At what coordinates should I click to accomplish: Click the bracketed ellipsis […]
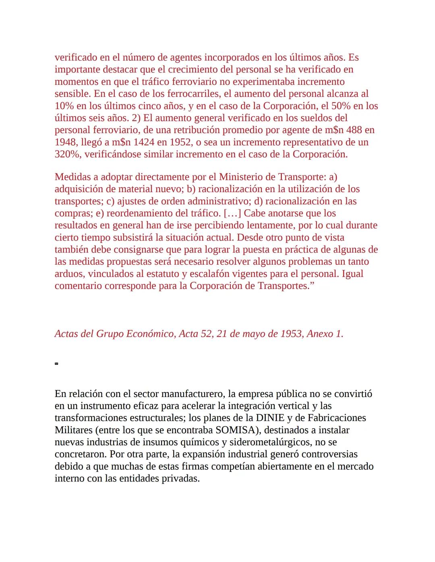coord(232,213)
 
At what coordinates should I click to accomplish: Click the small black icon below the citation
coord(56,364)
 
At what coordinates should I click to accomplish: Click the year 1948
coord(66,142)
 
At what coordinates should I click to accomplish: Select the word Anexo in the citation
coord(320,334)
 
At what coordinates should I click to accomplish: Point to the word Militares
coord(74,430)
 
